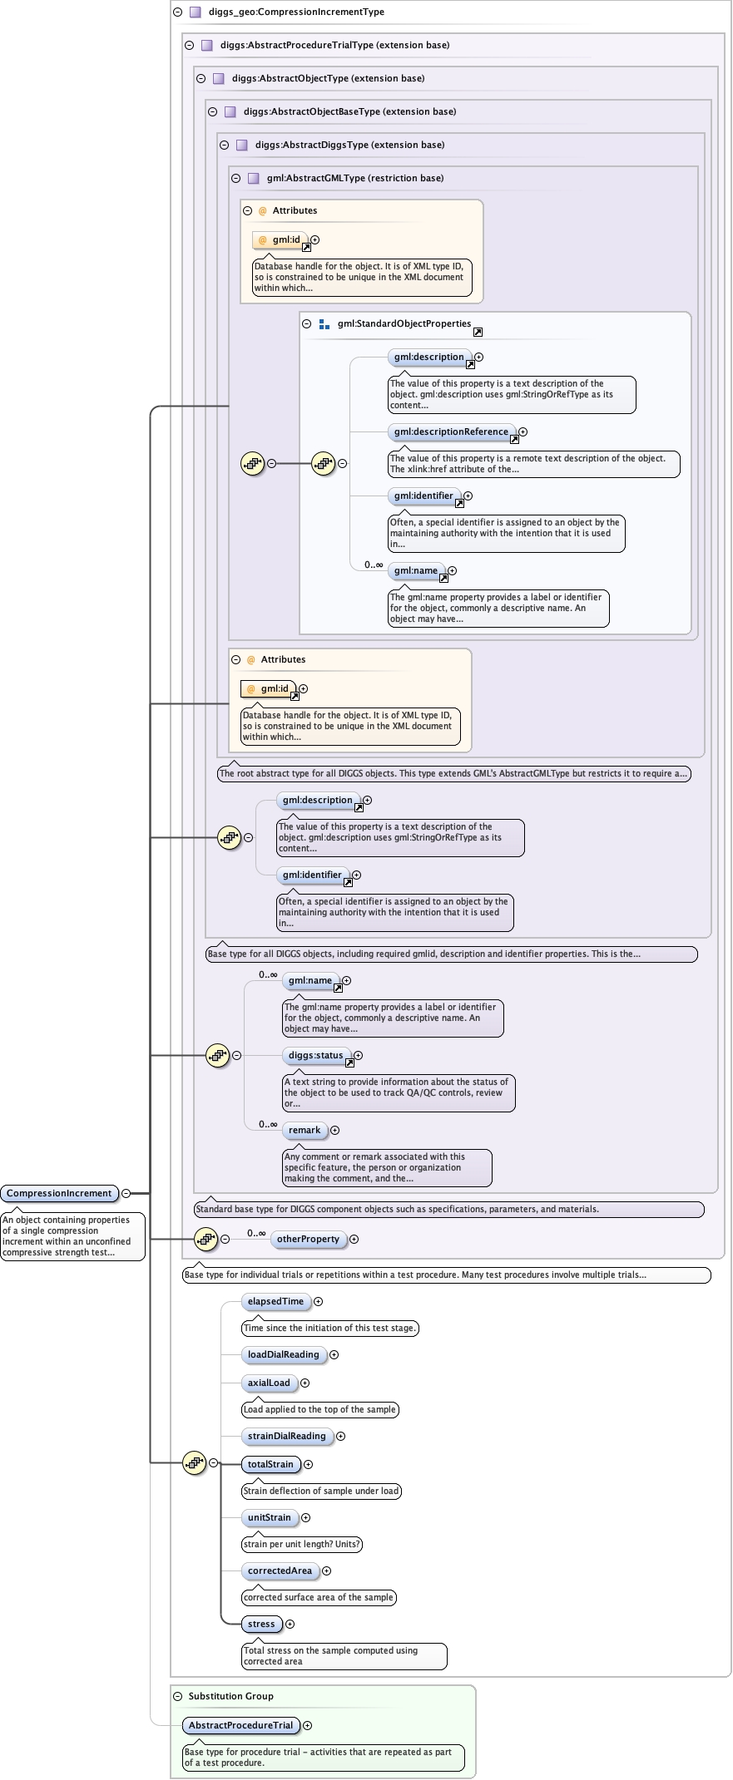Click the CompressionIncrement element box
[x=59, y=1194]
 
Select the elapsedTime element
[x=275, y=1302]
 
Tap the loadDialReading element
[x=283, y=1355]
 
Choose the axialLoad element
[x=269, y=1383]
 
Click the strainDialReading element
[x=286, y=1437]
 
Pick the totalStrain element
[x=270, y=1465]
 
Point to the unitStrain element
[x=269, y=1518]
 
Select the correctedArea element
[x=280, y=1571]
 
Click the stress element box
[x=261, y=1625]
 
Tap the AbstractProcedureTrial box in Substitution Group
[x=240, y=1726]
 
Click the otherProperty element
[x=308, y=1240]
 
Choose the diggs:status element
[x=315, y=1056]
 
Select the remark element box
[x=305, y=1131]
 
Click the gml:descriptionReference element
[x=451, y=432]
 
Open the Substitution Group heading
[x=230, y=1696]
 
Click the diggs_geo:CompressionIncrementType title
[x=296, y=12]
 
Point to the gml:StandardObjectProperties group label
[x=404, y=324]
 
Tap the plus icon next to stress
[x=290, y=1625]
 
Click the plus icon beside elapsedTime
[x=318, y=1302]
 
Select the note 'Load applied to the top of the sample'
[x=319, y=1410]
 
